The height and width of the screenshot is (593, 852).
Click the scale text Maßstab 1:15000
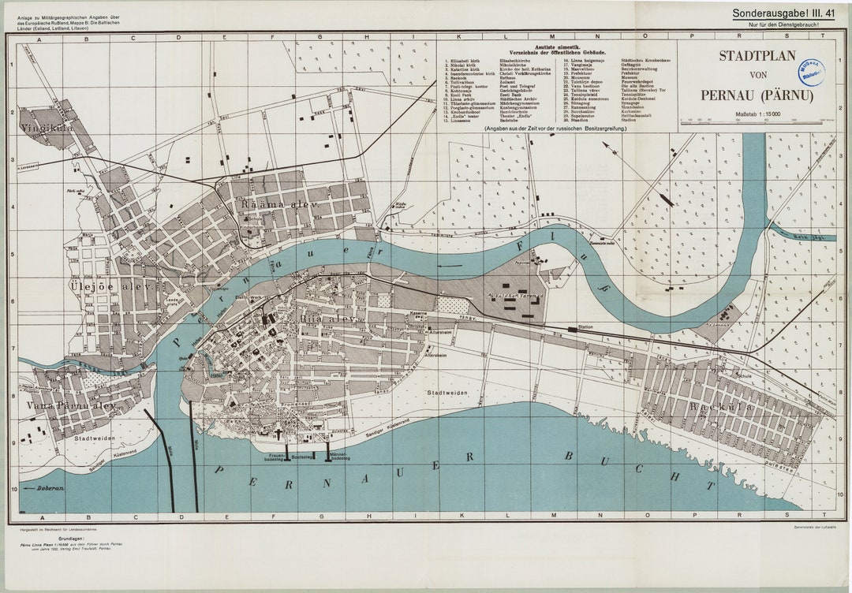coord(757,115)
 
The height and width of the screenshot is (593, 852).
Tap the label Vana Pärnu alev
coord(71,405)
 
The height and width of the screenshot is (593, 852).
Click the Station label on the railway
coord(585,326)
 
